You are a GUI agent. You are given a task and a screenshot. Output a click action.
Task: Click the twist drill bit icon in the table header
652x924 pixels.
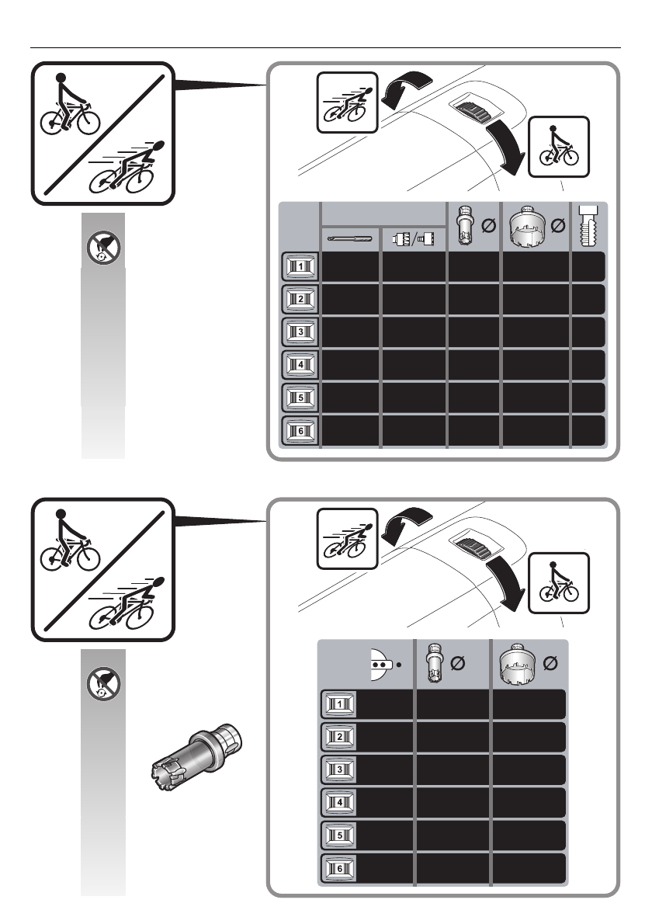[350, 238]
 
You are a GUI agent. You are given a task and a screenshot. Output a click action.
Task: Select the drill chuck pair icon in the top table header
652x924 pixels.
[414, 238]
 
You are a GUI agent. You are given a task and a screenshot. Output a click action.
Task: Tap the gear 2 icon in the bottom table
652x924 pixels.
[338, 737]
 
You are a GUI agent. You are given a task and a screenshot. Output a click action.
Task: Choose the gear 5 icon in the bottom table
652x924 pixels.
[338, 835]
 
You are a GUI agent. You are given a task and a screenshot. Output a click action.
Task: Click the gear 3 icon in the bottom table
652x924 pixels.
[338, 769]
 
